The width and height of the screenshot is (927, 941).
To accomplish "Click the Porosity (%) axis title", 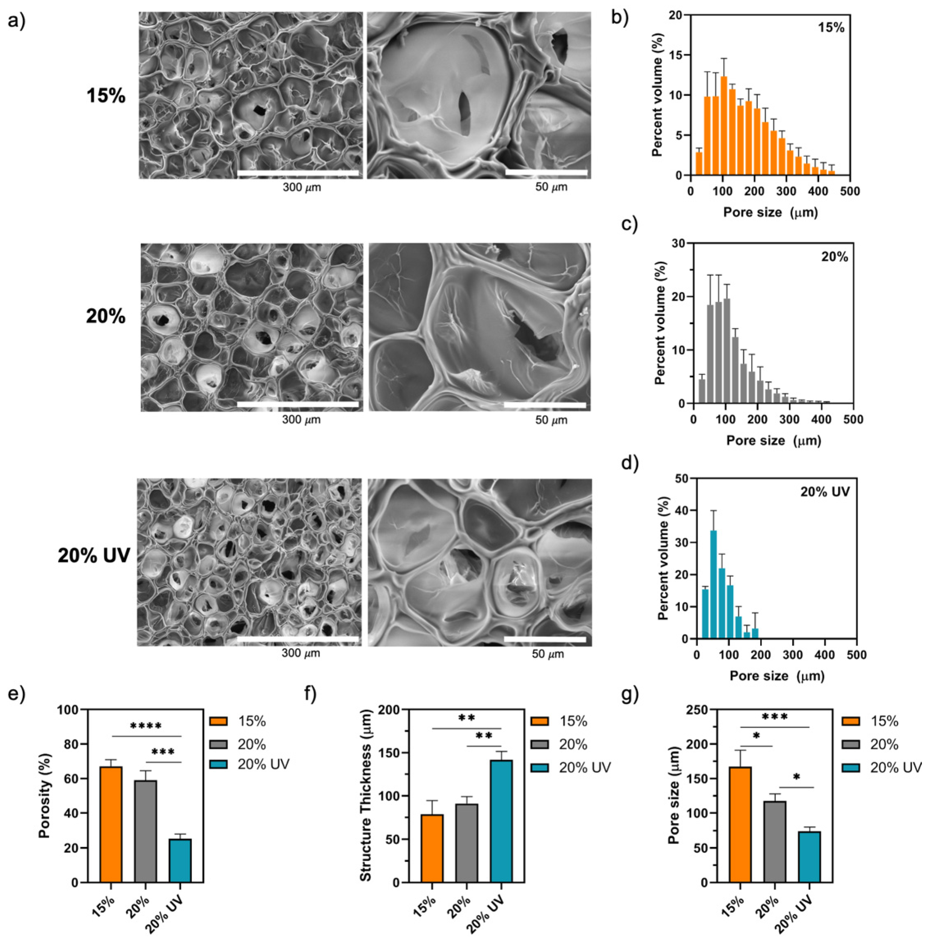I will click(x=45, y=796).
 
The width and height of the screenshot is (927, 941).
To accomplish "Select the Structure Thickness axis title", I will click(x=366, y=796).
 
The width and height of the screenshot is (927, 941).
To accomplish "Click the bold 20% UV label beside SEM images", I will click(x=94, y=555).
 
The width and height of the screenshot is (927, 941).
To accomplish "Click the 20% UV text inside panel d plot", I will click(x=825, y=492).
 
